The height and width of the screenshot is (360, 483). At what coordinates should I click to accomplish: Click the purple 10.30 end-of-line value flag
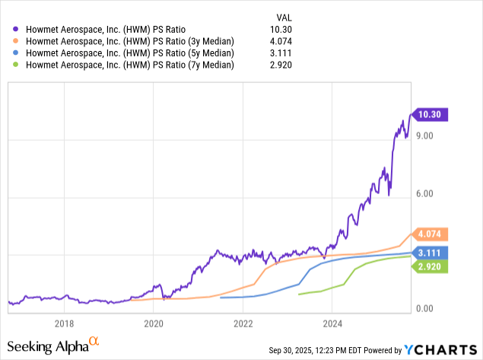tap(431, 115)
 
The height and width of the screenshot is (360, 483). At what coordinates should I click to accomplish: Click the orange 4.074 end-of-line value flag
tap(431, 234)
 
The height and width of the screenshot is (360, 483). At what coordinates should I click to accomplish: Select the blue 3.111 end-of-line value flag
tap(431, 252)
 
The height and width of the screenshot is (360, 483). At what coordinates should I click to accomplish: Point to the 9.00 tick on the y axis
tap(424, 136)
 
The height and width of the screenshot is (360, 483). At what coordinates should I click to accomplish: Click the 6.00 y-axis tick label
tap(424, 193)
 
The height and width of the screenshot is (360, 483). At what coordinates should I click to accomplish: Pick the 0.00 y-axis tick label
tap(424, 309)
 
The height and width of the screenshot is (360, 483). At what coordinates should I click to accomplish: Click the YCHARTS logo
tap(441, 349)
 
